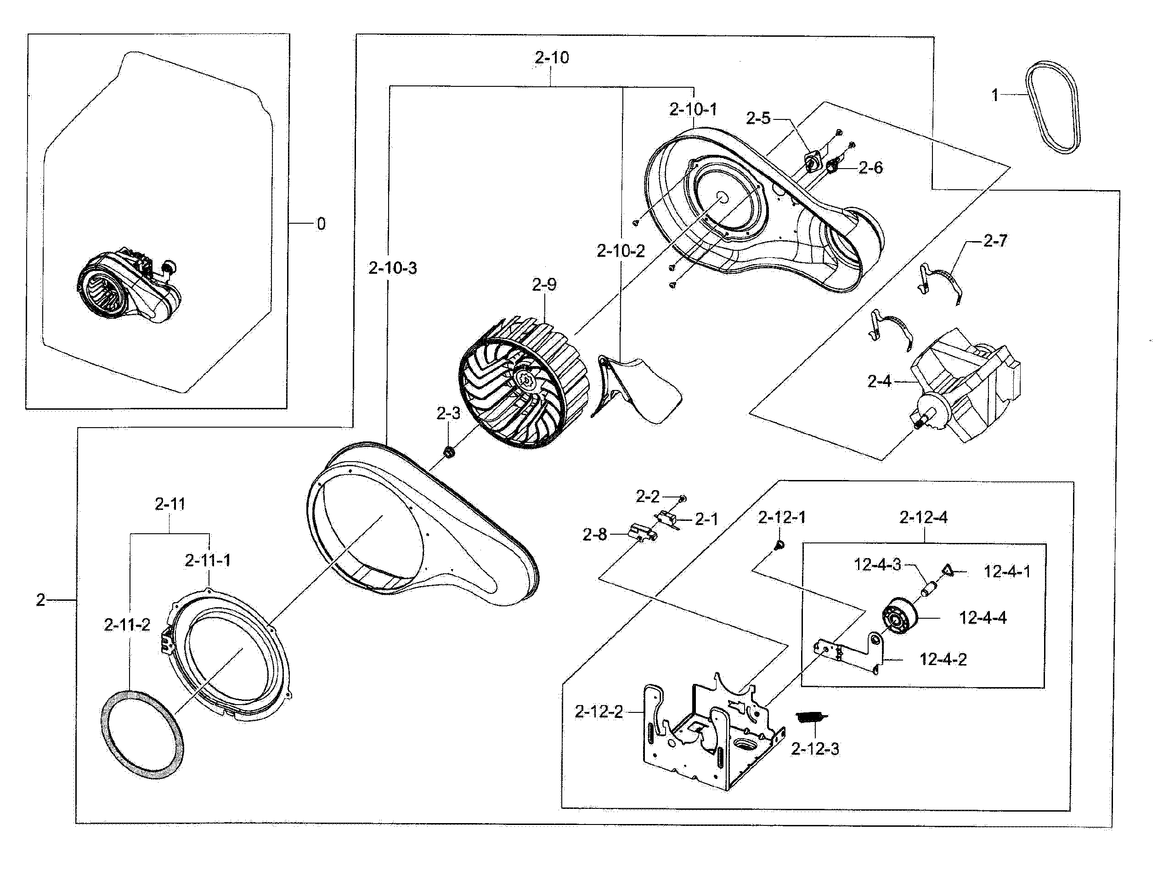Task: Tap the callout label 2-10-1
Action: (x=693, y=110)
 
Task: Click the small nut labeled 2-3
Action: (x=449, y=452)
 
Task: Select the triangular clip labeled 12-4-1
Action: (x=947, y=570)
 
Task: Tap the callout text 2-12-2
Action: (x=599, y=712)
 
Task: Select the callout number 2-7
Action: (x=995, y=242)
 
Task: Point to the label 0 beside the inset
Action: (x=321, y=224)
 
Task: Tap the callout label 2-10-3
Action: (x=393, y=268)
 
